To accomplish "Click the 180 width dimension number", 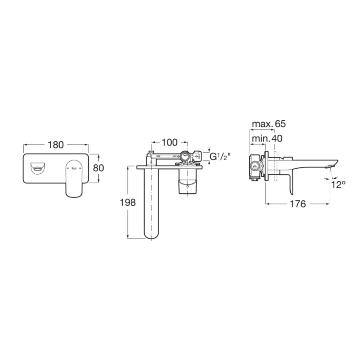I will (x=56, y=145).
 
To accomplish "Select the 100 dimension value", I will (x=169, y=143).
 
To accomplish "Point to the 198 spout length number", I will (x=127, y=203).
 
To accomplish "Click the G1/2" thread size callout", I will (x=220, y=157).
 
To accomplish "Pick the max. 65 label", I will (x=269, y=124).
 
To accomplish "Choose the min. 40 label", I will (x=267, y=138).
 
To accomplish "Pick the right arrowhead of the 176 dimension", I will (x=329, y=204).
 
